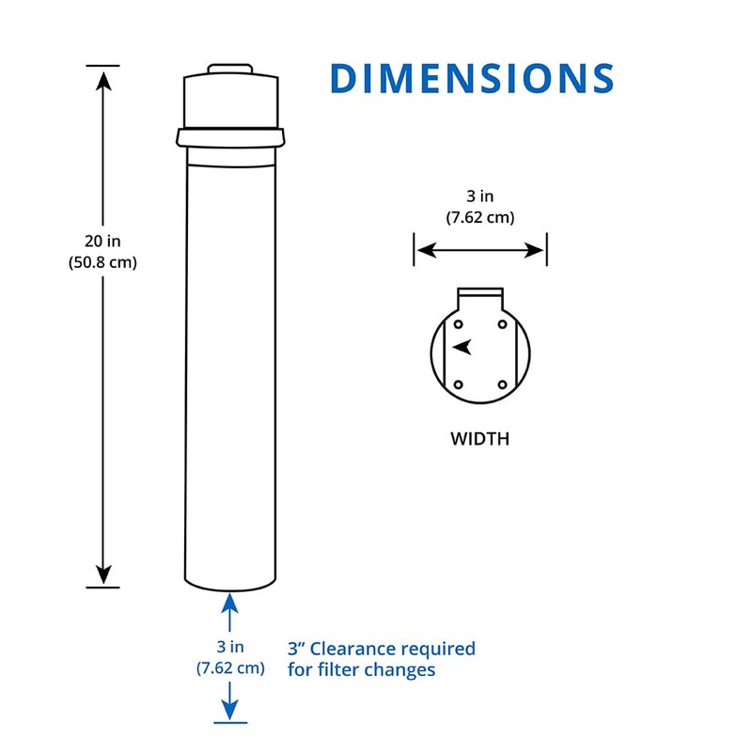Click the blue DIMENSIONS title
pyautogui.click(x=472, y=78)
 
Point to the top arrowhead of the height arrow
pyautogui.click(x=103, y=79)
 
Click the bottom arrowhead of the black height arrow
pyautogui.click(x=103, y=574)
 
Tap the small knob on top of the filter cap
pyautogui.click(x=230, y=70)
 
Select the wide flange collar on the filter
pyautogui.click(x=230, y=137)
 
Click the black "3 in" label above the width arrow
pyautogui.click(x=479, y=196)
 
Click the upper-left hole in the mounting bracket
pyautogui.click(x=458, y=324)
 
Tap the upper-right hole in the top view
pyautogui.click(x=502, y=324)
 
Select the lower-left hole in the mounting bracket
pyautogui.click(x=458, y=384)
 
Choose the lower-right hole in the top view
pyautogui.click(x=502, y=384)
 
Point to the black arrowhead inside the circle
pyautogui.click(x=462, y=347)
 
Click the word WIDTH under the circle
pyautogui.click(x=479, y=439)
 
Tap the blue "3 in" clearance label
pyautogui.click(x=230, y=647)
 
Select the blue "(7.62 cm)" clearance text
pyautogui.click(x=230, y=668)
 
